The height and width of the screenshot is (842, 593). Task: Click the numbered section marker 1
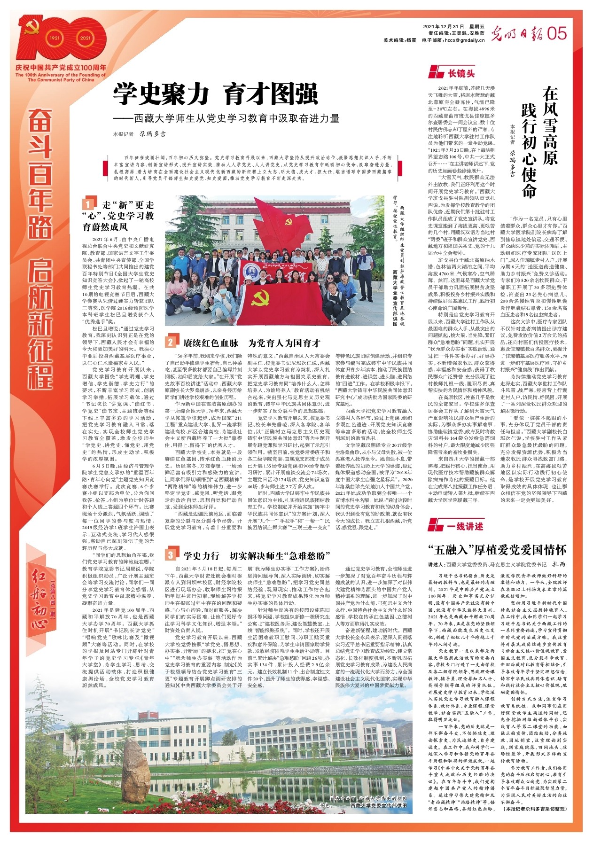88,204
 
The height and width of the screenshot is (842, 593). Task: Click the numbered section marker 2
170,342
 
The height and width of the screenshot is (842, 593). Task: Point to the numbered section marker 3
170,555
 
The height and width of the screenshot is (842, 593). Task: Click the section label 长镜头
460,73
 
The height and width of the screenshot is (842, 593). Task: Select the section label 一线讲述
465,526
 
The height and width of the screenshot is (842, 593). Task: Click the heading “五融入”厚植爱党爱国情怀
497,549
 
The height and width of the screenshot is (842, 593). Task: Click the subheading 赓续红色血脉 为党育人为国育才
252,343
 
